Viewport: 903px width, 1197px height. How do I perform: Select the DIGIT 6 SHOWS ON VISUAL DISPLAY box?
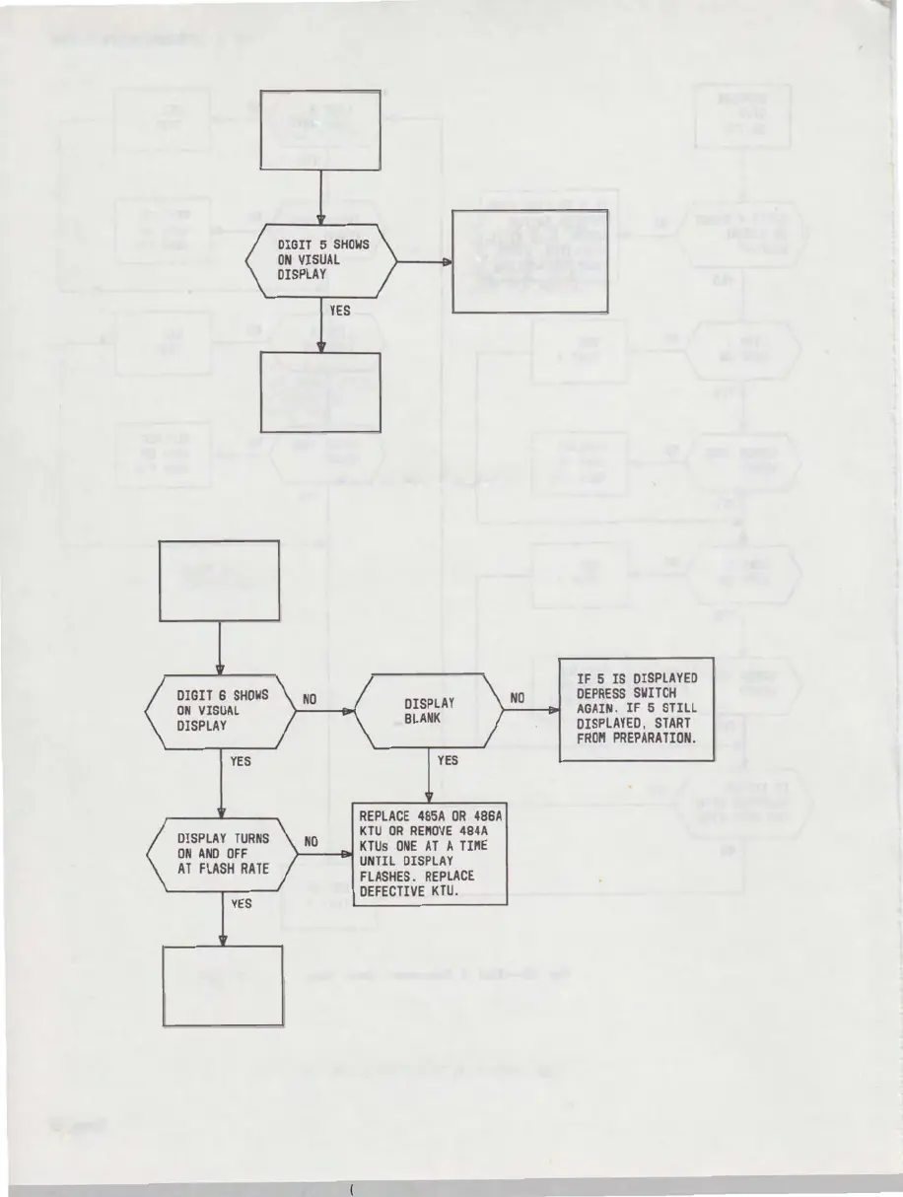pos(220,711)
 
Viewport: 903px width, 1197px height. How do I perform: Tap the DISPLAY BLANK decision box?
pos(429,711)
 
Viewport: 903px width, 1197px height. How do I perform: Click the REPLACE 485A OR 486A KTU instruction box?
pos(430,854)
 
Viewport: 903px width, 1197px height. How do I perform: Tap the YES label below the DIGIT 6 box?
pos(239,761)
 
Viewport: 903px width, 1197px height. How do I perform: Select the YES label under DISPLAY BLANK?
pos(448,761)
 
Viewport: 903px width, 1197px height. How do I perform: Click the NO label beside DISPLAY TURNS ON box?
pos(311,842)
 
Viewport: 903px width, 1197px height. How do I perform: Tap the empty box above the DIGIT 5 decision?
pos(319,129)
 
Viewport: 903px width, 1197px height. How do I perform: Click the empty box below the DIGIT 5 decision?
pos(319,392)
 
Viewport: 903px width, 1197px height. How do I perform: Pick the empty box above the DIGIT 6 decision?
pos(219,581)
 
